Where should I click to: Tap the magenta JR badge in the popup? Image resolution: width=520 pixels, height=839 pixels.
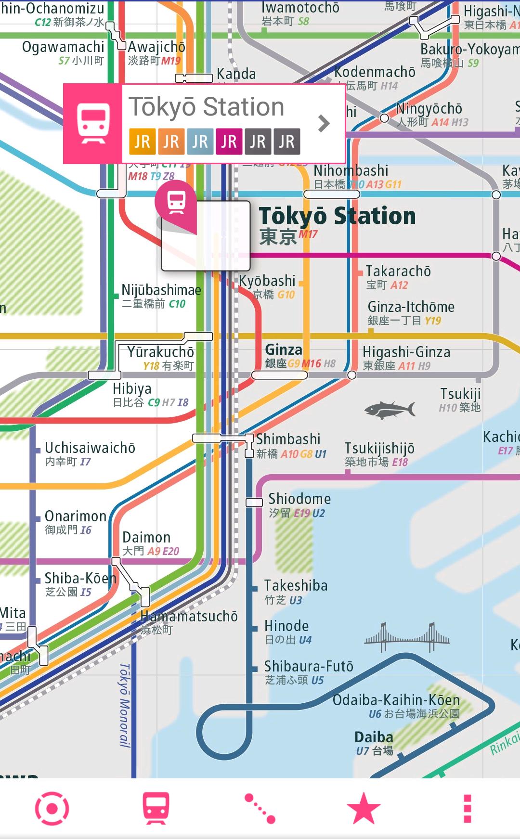coord(229,142)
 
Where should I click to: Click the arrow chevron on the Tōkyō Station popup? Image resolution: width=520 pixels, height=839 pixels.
coord(324,123)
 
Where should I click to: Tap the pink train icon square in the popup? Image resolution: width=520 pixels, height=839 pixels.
coord(93,124)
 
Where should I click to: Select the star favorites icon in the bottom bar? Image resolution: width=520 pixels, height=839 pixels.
coord(364,808)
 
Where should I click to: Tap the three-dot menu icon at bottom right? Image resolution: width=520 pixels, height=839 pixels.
coord(467,808)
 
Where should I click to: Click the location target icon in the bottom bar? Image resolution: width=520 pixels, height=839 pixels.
coord(52,808)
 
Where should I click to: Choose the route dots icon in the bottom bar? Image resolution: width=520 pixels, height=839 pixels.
coord(260,808)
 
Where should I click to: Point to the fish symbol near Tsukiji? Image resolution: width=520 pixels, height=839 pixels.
coord(390,410)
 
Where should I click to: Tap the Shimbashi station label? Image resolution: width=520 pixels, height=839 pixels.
coord(288,439)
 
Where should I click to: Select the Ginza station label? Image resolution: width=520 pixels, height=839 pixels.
coord(284,350)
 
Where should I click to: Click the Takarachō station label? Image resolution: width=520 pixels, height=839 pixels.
coord(398,271)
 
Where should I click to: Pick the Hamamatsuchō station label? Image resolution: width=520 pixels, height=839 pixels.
coord(189,617)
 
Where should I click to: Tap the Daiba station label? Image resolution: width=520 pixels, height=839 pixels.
coord(374,737)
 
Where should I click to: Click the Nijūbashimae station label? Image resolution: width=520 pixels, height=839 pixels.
coord(161,290)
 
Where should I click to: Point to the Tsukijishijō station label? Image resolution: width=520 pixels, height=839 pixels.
coord(379,448)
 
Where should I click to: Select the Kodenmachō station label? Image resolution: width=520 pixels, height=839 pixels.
coord(375,72)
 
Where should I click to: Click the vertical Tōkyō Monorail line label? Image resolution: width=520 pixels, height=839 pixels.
coord(125,705)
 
